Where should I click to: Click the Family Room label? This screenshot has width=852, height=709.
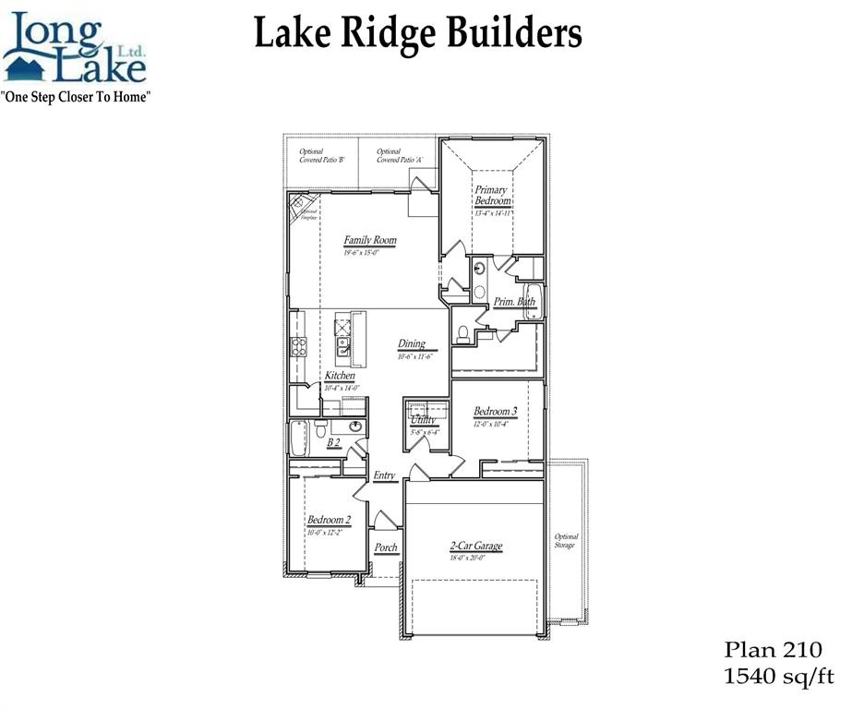tap(370, 241)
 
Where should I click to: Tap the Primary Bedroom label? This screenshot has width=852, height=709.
tap(492, 196)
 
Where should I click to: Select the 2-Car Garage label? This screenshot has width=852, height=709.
tap(476, 546)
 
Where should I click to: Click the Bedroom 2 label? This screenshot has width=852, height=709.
tap(329, 520)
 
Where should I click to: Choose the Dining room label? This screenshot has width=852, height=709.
tap(412, 344)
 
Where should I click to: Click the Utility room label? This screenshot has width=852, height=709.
tap(425, 419)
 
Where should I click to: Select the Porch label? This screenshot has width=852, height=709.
tap(386, 547)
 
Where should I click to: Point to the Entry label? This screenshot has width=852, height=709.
tap(385, 476)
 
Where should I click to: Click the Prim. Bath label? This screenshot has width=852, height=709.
tap(514, 301)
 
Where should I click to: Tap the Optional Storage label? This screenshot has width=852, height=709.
tap(565, 541)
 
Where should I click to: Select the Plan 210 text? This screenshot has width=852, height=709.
tap(772, 651)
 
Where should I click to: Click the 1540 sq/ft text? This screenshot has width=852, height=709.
tap(778, 679)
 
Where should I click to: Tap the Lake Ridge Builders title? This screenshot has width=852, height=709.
tap(417, 34)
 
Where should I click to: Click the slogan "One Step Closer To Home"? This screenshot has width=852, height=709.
tap(77, 96)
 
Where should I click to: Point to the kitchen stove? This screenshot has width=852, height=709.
tap(299, 347)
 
